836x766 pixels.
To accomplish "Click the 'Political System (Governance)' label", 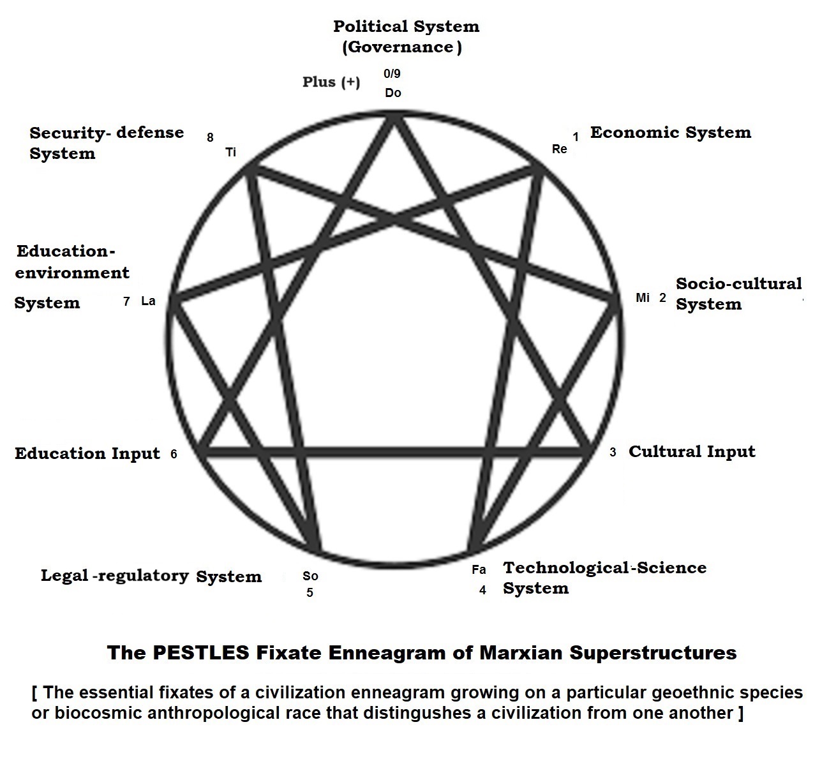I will tap(406, 36).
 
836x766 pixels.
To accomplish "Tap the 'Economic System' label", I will tap(670, 133).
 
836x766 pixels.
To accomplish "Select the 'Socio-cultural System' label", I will tap(738, 294).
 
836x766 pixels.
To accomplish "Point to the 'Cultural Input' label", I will tap(692, 452).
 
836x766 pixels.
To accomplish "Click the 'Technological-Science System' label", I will tap(604, 578).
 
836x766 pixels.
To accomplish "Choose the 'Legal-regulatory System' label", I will tap(151, 576).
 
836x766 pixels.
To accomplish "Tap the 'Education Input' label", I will tap(87, 454).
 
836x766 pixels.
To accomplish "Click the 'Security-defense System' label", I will tap(107, 143).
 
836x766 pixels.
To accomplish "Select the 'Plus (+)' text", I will tap(331, 82).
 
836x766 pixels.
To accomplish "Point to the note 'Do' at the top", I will tap(393, 93).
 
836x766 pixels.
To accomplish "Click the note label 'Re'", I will tap(560, 149).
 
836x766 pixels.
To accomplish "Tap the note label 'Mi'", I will tap(643, 298).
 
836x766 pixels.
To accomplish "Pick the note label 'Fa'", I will tap(479, 569).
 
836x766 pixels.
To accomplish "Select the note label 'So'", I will tap(310, 576).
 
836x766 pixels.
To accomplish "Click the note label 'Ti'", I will tap(230, 153).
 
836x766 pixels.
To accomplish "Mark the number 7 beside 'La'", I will tap(126, 301).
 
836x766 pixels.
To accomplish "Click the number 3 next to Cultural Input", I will tap(613, 453).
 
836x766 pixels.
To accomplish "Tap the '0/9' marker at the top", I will tap(392, 74).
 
